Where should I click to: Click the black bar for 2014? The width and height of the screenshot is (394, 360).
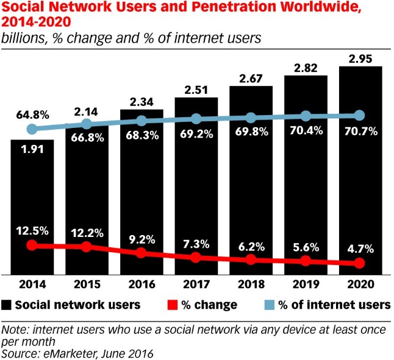pos(32,207)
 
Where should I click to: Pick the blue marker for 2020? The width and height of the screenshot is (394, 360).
pos(359,115)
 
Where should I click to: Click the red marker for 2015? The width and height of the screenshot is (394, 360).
pos(86,247)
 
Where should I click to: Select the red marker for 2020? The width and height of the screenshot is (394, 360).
pos(359,263)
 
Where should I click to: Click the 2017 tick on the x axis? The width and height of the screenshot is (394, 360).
pos(195,284)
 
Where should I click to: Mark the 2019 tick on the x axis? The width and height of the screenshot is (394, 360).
pos(304,284)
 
